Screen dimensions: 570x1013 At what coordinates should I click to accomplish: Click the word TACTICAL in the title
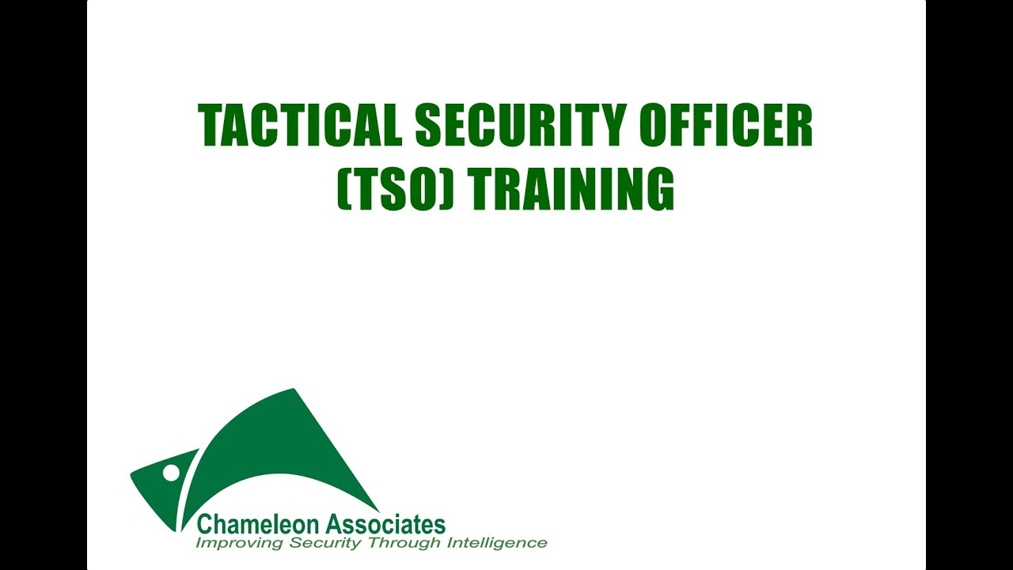(x=300, y=126)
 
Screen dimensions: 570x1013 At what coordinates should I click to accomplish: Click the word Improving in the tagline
(x=240, y=543)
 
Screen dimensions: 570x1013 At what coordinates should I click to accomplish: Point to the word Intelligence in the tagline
(x=497, y=543)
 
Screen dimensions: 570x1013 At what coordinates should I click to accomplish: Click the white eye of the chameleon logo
(x=171, y=473)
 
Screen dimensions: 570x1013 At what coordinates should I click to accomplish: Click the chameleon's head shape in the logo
(x=158, y=487)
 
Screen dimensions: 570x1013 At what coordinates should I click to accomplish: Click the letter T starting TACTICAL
(x=211, y=126)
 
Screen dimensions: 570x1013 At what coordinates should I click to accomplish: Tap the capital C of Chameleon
(x=205, y=524)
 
